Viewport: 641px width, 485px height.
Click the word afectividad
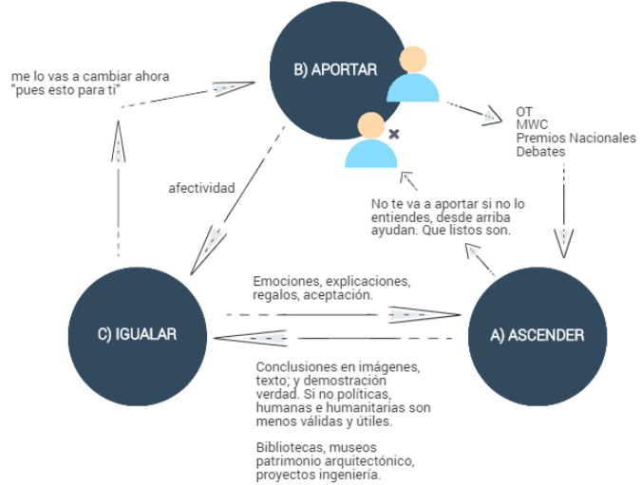point(200,188)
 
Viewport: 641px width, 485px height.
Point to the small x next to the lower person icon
point(394,135)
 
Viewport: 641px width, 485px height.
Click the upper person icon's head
point(414,60)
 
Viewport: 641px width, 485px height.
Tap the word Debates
point(540,151)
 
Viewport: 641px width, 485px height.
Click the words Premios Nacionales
point(575,138)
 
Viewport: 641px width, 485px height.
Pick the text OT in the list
point(524,111)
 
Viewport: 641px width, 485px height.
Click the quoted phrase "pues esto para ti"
point(68,89)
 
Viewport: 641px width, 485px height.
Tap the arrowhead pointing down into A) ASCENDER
point(566,243)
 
